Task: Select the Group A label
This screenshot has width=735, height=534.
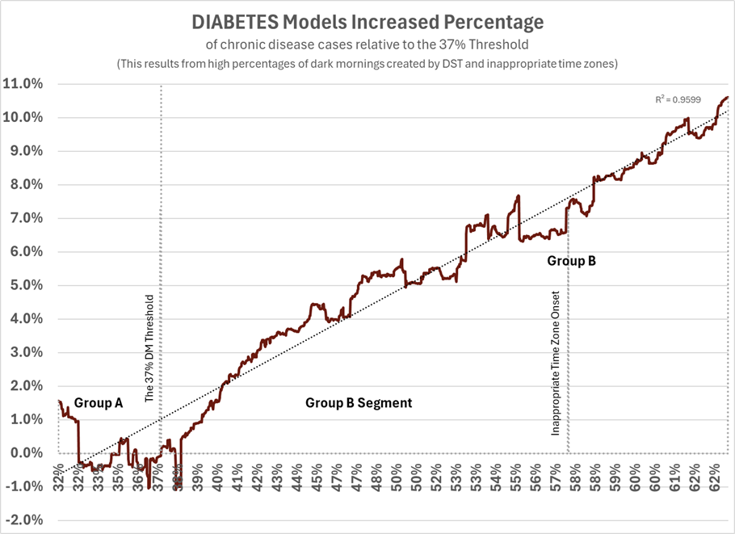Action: (x=98, y=402)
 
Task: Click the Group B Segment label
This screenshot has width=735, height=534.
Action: (x=358, y=402)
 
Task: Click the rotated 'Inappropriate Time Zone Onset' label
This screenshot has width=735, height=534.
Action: (x=556, y=364)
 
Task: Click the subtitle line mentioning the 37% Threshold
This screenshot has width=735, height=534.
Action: (x=367, y=45)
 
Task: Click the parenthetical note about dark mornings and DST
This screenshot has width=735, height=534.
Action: (x=367, y=64)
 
